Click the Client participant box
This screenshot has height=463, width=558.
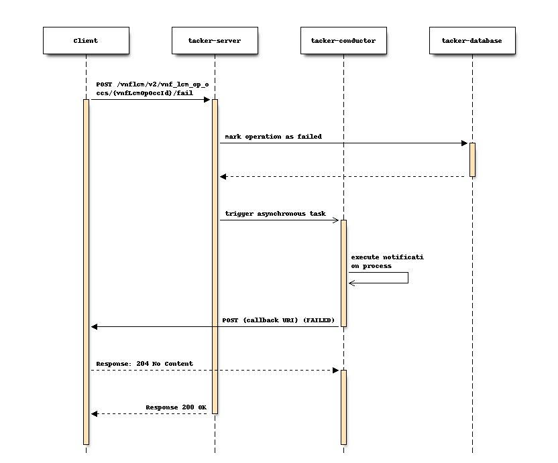(86, 41)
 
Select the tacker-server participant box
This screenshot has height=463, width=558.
(215, 41)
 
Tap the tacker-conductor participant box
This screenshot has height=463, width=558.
(343, 41)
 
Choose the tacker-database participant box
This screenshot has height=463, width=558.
(472, 41)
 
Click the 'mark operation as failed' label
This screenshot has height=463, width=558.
(273, 137)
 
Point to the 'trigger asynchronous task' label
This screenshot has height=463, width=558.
(275, 214)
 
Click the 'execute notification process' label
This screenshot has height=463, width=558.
(387, 261)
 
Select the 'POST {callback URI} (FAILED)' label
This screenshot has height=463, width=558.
(278, 320)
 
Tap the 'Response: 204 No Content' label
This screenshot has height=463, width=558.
(144, 364)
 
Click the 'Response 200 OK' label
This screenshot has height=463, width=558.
(176, 407)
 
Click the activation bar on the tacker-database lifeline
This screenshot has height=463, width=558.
(472, 159)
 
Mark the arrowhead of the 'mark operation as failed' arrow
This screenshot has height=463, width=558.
(463, 143)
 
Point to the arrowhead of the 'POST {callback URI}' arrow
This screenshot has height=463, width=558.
(95, 326)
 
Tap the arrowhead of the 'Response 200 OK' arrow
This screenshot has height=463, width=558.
(95, 413)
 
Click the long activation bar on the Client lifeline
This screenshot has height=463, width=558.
(86, 268)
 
